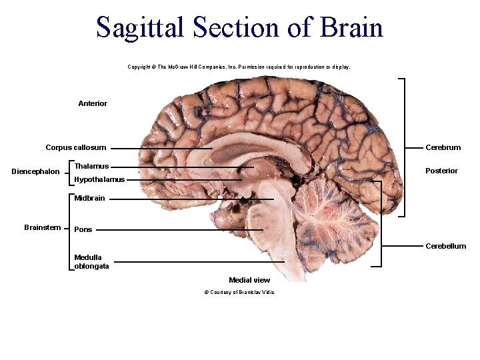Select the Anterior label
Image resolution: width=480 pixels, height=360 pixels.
(93, 103)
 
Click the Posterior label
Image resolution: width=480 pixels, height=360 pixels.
(442, 171)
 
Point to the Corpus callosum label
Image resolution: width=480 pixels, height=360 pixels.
(75, 147)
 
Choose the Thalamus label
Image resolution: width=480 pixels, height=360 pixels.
(91, 165)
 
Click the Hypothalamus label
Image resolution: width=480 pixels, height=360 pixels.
(99, 179)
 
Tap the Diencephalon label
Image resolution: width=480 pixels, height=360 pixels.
(36, 172)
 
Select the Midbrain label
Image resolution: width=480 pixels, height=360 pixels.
(89, 198)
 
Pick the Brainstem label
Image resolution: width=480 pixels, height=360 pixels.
(43, 227)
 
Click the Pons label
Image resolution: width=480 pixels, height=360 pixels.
(83, 229)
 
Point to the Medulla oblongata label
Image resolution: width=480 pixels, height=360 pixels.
(92, 262)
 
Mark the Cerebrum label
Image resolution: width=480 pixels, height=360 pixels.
(443, 147)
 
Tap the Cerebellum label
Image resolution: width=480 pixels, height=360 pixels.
(446, 246)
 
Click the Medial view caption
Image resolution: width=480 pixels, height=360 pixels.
(249, 280)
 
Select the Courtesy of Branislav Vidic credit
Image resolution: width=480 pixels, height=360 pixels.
(239, 292)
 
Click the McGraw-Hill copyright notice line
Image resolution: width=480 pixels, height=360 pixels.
(239, 67)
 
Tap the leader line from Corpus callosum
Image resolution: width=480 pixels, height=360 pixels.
(160, 148)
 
